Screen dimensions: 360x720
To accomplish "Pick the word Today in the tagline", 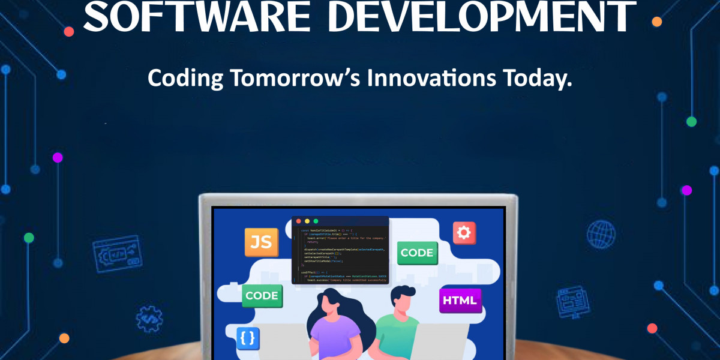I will pos(537,78).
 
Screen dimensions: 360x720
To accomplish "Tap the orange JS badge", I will pos(261,242).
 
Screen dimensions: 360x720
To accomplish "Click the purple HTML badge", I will pos(460,299).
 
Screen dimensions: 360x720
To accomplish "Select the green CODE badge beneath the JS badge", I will pos(262,295).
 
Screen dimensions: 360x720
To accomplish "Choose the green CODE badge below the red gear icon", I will pos(416,253).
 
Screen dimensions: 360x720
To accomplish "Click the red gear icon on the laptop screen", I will pos(464,232).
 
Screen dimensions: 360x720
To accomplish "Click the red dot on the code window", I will pos(298,221).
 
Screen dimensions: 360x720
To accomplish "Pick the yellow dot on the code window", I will pos(307,221).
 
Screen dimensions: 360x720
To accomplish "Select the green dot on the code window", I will pos(316,221).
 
